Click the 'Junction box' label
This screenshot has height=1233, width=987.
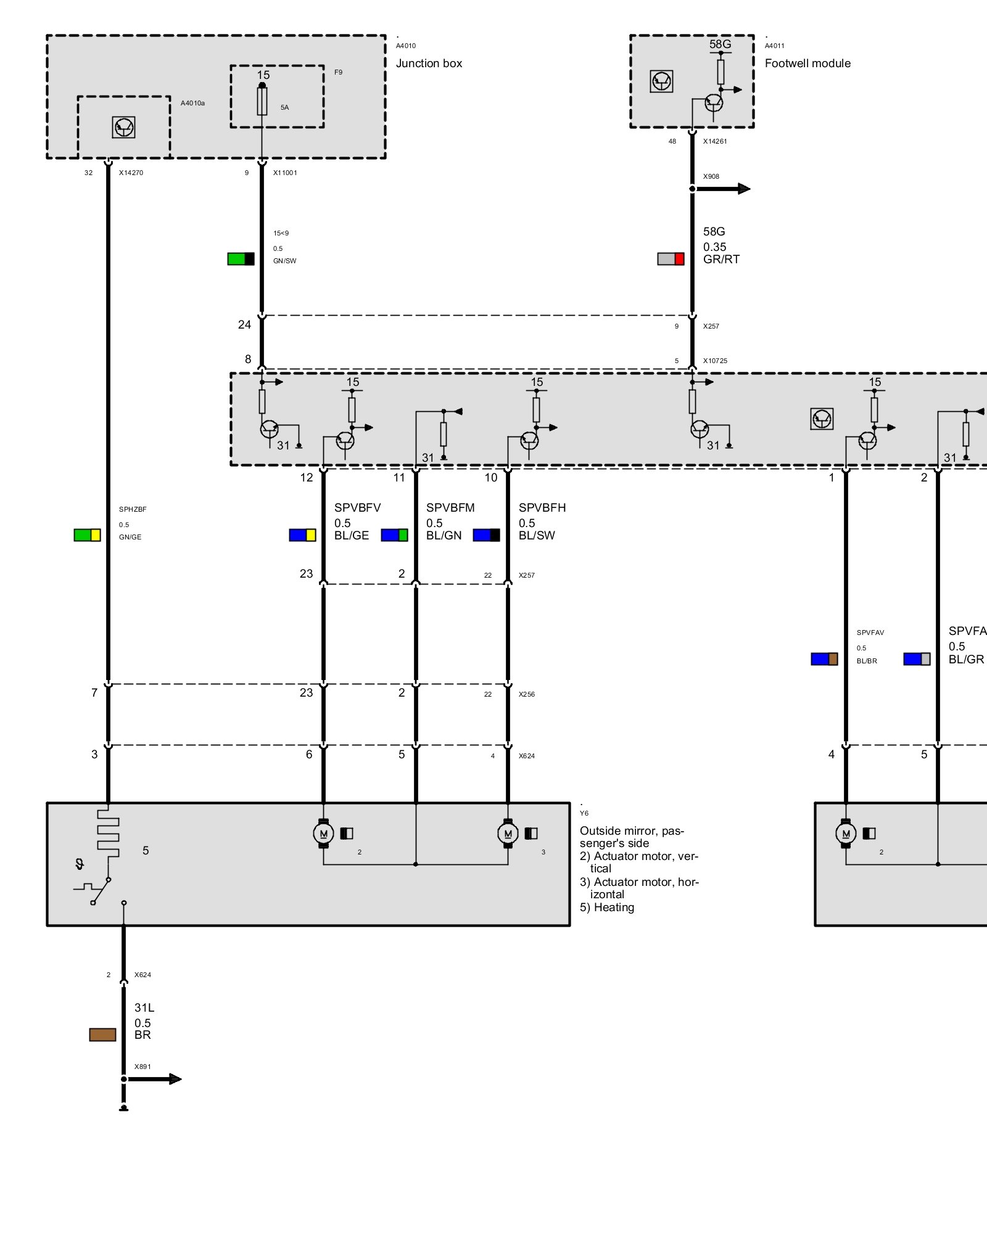click(x=429, y=63)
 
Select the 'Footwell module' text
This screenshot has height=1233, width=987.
click(x=807, y=63)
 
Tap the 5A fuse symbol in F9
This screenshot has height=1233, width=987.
click(x=262, y=101)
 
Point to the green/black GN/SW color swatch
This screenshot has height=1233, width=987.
click(x=241, y=259)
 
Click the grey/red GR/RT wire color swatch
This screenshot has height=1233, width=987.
click(x=671, y=259)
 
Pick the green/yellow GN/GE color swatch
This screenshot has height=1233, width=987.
click(x=87, y=535)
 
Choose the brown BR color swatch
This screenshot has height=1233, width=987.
click(x=102, y=1034)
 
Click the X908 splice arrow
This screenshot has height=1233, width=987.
click(x=734, y=189)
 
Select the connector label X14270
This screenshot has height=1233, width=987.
click(x=131, y=173)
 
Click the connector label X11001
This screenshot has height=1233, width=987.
click(x=285, y=173)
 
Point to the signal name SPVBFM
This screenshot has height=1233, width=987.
click(x=450, y=508)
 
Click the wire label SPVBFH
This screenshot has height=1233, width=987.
click(x=542, y=508)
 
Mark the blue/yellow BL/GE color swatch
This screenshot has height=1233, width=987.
click(x=302, y=535)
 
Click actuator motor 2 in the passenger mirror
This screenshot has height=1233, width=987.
click(x=323, y=834)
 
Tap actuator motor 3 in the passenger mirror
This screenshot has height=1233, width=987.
click(x=508, y=834)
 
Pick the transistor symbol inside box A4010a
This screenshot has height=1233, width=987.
click(x=124, y=128)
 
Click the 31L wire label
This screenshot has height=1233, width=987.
click(x=144, y=1008)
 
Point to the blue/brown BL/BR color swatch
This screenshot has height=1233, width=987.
click(x=824, y=659)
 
